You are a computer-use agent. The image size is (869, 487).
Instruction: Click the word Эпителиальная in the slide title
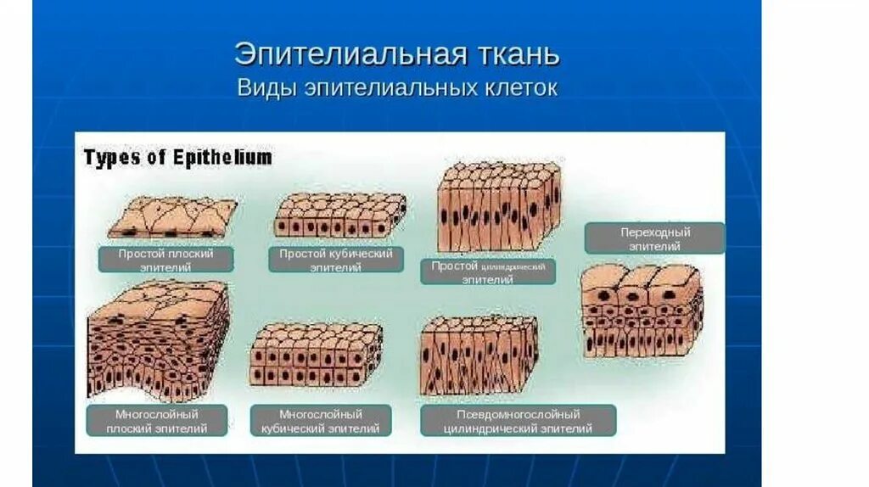pyautogui.click(x=348, y=54)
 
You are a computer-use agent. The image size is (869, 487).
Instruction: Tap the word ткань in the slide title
pyautogui.click(x=517, y=54)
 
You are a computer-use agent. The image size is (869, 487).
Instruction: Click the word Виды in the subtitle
pyautogui.click(x=263, y=88)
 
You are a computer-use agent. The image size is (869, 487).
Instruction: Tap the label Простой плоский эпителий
pyautogui.click(x=166, y=260)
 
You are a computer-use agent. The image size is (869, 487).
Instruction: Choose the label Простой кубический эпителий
pyautogui.click(x=336, y=260)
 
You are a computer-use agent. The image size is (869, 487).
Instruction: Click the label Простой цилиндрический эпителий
pyautogui.click(x=488, y=271)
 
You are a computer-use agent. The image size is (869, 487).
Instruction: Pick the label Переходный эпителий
pyautogui.click(x=654, y=238)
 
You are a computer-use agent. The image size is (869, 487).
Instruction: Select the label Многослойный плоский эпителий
pyautogui.click(x=158, y=421)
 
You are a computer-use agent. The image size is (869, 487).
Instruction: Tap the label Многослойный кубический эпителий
pyautogui.click(x=321, y=421)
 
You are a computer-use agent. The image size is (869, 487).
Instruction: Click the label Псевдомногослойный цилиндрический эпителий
pyautogui.click(x=518, y=421)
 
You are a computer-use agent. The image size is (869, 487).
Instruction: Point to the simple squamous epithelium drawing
pyautogui.click(x=172, y=217)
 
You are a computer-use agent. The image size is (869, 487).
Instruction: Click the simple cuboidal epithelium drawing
pyautogui.click(x=339, y=215)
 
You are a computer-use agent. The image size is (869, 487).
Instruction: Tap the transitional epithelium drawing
pyautogui.click(x=642, y=310)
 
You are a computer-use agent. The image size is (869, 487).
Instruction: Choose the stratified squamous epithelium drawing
pyautogui.click(x=159, y=339)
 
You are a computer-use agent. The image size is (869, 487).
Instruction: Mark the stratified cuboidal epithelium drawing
pyautogui.click(x=316, y=355)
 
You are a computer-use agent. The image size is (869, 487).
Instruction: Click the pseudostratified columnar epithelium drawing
pyautogui.click(x=479, y=355)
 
